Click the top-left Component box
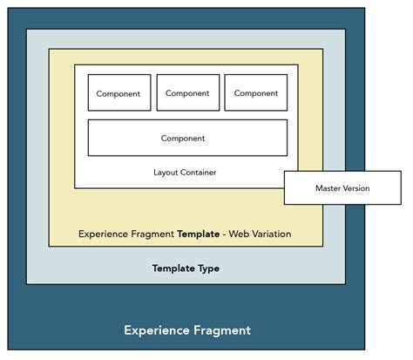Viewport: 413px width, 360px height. point(119,92)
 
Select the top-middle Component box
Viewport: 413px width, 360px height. point(187,92)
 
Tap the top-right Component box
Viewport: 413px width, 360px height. point(255,92)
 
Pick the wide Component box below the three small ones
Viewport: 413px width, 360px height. point(187,138)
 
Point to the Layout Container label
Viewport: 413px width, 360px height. point(185,173)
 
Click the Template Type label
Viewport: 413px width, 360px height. point(186,268)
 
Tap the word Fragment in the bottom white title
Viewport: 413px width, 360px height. point(223,330)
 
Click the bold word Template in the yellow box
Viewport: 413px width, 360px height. point(199,234)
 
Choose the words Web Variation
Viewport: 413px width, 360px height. point(261,234)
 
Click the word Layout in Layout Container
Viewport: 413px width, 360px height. point(166,173)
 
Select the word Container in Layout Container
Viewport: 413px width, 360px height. point(198,173)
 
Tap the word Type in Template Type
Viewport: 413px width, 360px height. point(207,268)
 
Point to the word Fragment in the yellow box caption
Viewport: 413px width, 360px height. point(152,234)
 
